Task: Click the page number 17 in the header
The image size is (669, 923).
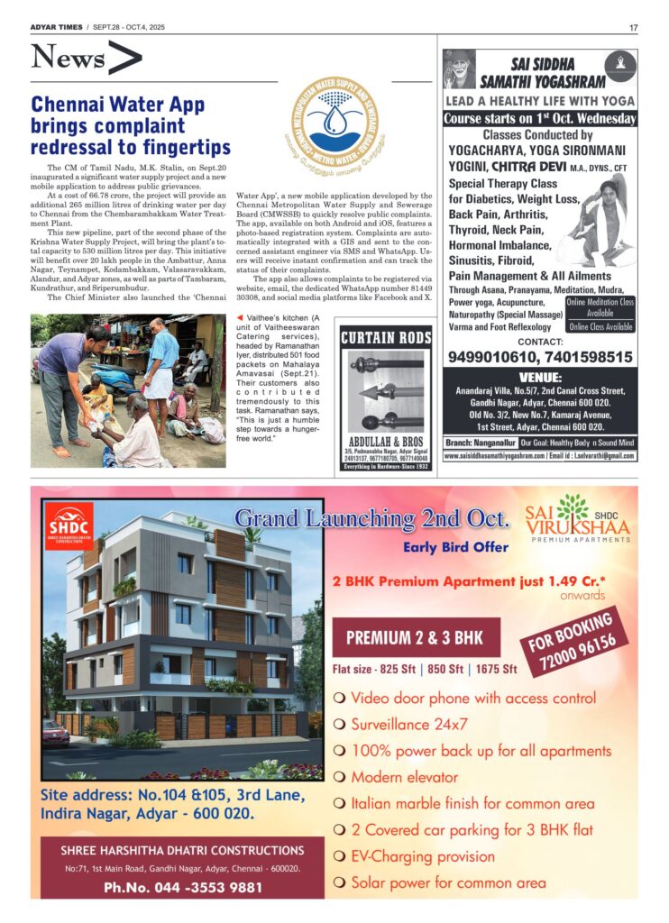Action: pyautogui.click(x=633, y=27)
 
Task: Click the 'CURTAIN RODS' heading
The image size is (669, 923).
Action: pyautogui.click(x=386, y=338)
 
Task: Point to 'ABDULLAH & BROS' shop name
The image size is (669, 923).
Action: pyautogui.click(x=386, y=442)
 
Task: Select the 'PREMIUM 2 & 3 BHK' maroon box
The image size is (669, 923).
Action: pyautogui.click(x=414, y=638)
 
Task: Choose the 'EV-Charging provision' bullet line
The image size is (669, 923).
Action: pyautogui.click(x=423, y=856)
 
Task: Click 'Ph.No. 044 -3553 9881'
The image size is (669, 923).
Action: pyautogui.click(x=182, y=887)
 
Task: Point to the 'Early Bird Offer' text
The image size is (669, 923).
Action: pyautogui.click(x=455, y=546)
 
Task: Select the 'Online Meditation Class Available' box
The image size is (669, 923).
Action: pyautogui.click(x=600, y=307)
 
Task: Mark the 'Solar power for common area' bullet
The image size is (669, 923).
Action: pyautogui.click(x=448, y=882)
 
